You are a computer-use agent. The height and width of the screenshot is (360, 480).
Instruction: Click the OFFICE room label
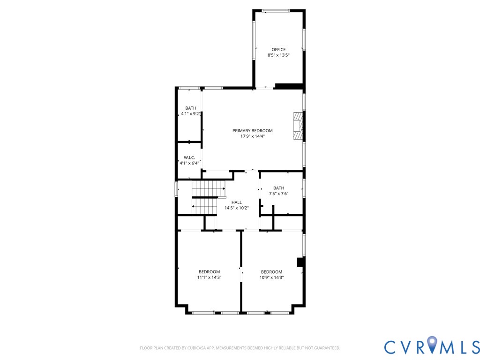point(278,50)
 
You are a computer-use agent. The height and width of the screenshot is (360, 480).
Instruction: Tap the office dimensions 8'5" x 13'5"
point(278,55)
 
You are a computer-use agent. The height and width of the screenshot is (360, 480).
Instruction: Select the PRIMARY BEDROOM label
point(253,131)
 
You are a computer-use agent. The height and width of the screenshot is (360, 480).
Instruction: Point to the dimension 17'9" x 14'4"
point(253,136)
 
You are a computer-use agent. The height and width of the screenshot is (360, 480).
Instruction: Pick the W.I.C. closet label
point(189,157)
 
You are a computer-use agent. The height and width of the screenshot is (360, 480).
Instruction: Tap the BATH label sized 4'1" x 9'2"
point(191,108)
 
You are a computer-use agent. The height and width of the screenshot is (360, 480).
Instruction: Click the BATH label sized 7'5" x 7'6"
point(278,188)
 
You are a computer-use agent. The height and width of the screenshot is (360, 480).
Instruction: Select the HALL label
point(236,202)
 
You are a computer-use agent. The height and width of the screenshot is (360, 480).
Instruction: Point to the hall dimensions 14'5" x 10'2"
point(236,208)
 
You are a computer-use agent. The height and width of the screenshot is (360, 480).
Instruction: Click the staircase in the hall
point(207,197)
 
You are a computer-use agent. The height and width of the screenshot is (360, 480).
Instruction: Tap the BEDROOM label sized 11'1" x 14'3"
point(209,272)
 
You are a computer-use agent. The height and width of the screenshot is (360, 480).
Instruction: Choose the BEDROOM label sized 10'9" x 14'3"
point(271,272)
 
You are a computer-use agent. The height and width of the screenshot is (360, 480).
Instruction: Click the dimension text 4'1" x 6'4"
point(189,163)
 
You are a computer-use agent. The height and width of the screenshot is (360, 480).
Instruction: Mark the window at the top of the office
point(276,10)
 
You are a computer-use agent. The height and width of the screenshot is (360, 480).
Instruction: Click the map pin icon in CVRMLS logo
point(432,345)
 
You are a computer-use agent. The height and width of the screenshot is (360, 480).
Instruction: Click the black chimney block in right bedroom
point(300,262)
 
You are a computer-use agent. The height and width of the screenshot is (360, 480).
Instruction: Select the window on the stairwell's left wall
point(177,189)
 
